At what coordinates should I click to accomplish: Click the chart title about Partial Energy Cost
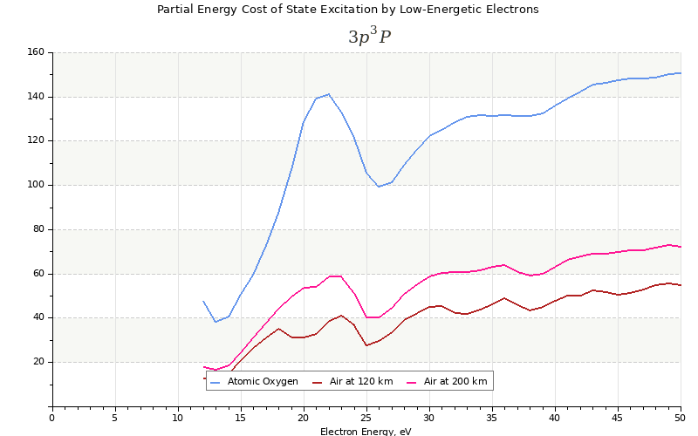point(347,10)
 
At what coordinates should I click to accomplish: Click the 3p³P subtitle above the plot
point(369,36)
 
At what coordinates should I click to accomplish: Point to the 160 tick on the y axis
point(36,52)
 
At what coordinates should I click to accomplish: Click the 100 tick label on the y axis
point(36,185)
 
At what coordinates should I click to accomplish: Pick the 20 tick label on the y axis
point(38,362)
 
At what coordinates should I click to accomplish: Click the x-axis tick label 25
point(366,418)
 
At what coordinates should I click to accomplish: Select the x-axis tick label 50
point(681,418)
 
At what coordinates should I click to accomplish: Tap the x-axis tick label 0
point(52,418)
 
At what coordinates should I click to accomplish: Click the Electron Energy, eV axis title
point(366,431)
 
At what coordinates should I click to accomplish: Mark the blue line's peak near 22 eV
point(329,94)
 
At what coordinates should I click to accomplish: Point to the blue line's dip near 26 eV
point(379,187)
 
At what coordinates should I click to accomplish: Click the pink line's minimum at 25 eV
point(366,317)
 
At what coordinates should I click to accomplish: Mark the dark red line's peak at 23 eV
point(341,316)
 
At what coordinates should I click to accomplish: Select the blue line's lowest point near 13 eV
point(216,322)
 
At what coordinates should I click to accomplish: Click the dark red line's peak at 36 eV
point(504,298)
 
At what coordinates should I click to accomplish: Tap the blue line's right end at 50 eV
point(681,73)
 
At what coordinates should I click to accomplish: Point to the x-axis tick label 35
point(492,418)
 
